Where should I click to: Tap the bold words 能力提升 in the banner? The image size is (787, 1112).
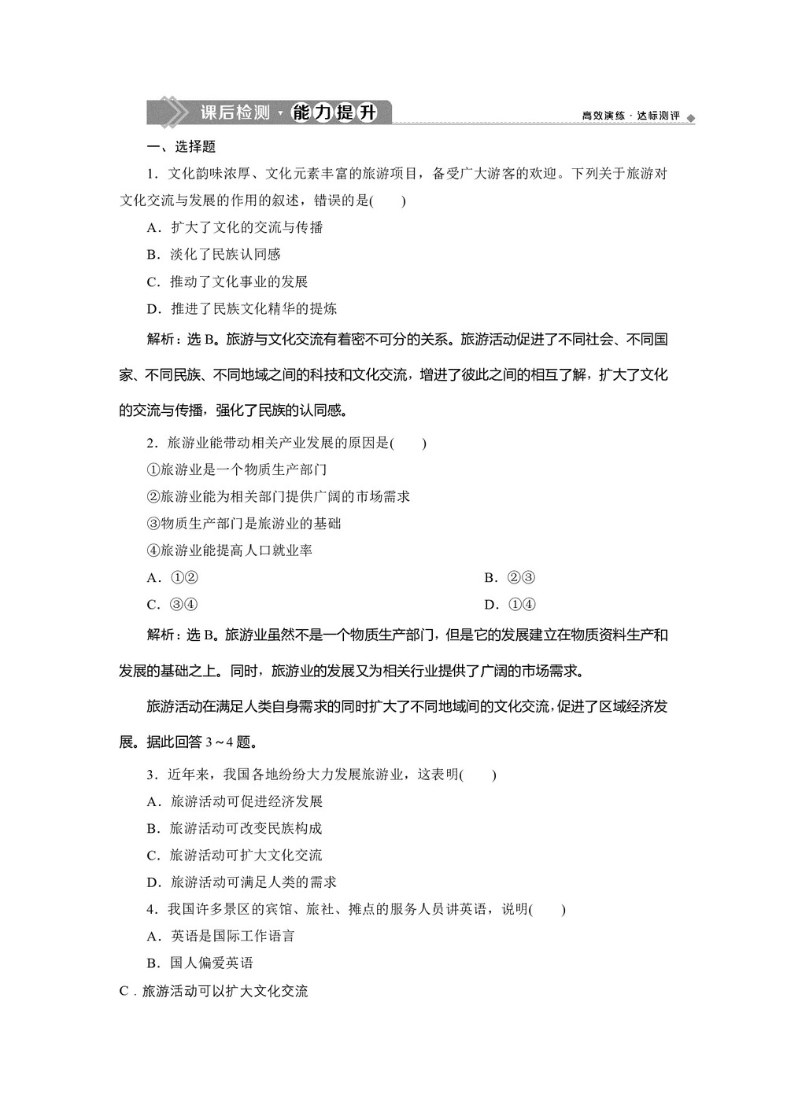click(334, 112)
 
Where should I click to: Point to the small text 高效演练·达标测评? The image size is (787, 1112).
click(630, 116)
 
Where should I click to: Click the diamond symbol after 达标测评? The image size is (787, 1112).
click(691, 118)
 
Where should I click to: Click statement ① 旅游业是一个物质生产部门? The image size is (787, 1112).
click(237, 469)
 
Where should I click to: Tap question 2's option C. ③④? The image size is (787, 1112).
click(172, 605)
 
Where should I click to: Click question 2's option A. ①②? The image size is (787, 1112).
click(172, 578)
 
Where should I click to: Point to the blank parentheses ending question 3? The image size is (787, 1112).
click(478, 775)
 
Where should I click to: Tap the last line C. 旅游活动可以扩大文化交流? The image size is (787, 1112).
click(213, 991)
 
